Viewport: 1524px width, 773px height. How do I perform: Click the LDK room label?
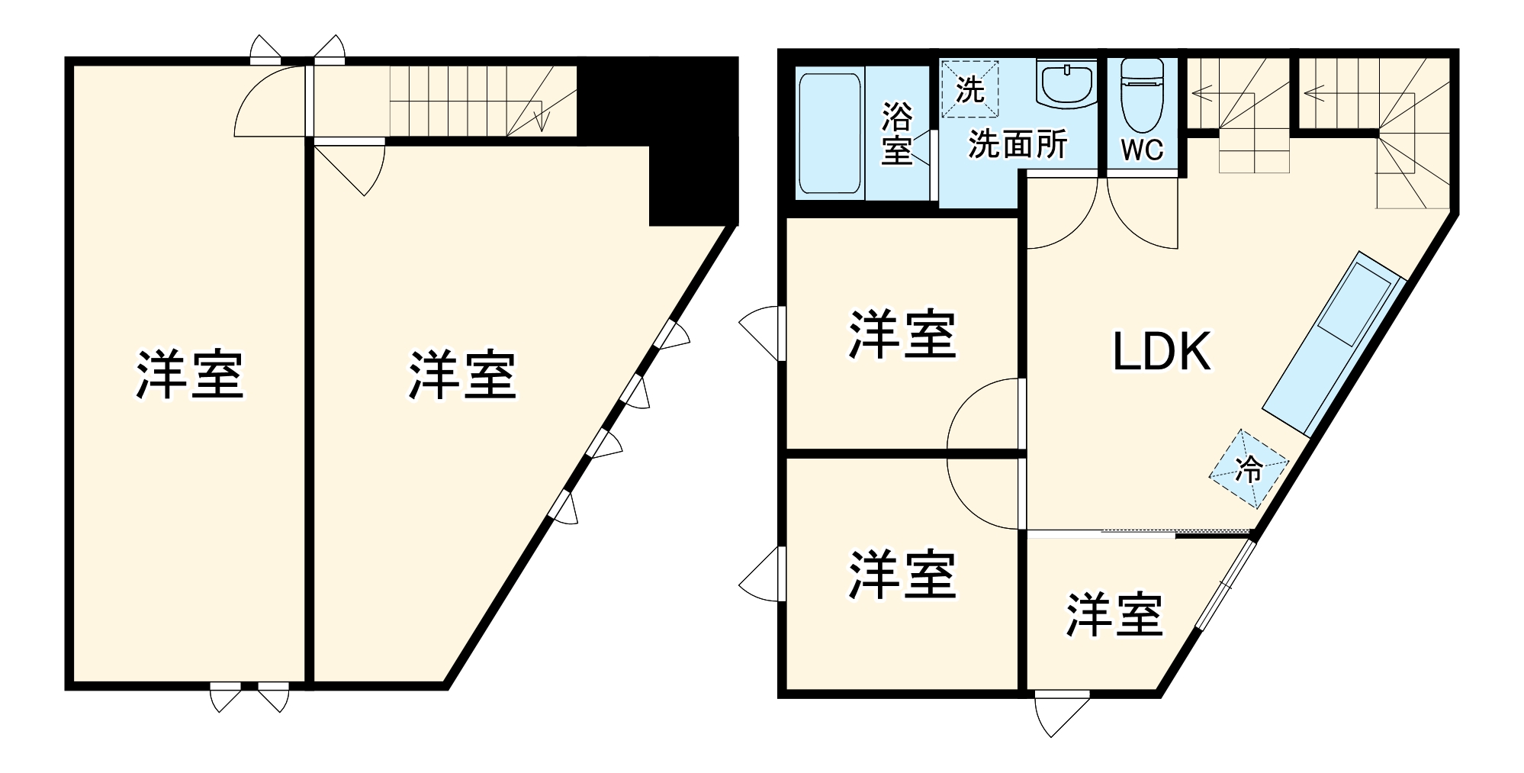point(1161,353)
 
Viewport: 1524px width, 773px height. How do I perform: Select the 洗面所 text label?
point(1018,144)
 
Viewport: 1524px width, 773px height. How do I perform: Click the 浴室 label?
point(897,133)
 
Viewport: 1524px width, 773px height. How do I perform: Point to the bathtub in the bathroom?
point(829,133)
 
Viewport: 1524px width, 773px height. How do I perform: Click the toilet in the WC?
point(1141,95)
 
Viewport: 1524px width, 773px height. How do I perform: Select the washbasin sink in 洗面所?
point(1066,84)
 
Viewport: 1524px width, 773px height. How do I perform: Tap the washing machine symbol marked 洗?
point(969,89)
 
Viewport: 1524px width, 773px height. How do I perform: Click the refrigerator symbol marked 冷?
point(1248,469)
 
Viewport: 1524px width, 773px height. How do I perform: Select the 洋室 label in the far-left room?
point(189,375)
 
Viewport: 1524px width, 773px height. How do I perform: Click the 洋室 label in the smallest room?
point(1114,615)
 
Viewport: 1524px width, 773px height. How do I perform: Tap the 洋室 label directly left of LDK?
point(902,334)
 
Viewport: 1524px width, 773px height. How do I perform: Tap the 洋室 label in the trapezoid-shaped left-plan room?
point(462,375)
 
